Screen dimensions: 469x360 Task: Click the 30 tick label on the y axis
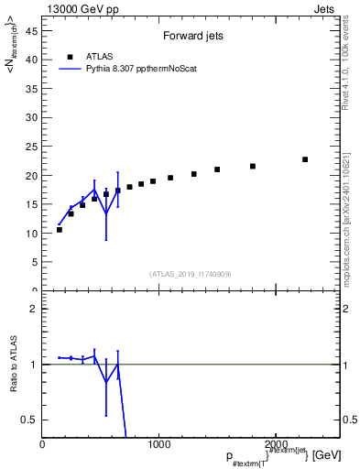tap(32, 117)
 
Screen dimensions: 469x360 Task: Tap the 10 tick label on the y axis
tap(32, 234)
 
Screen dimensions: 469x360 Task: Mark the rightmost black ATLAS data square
tap(305, 159)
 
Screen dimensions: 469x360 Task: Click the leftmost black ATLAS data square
tap(60, 229)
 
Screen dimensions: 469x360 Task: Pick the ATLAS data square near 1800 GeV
tap(253, 166)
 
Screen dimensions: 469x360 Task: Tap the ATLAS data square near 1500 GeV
tap(217, 169)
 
